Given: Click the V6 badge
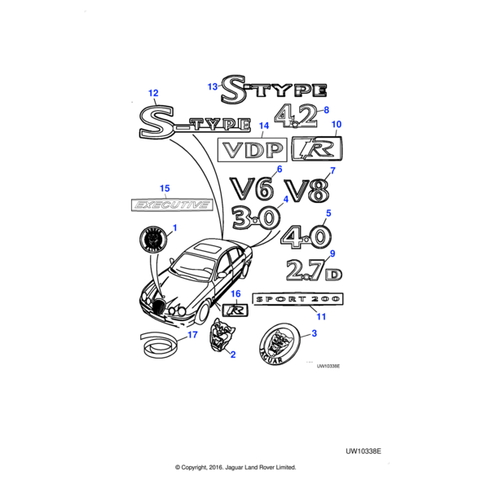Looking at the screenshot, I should click(250, 190).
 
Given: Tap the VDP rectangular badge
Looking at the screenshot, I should click(250, 150).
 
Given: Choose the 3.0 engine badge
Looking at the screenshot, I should click(254, 219).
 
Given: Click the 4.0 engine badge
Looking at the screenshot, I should click(305, 237).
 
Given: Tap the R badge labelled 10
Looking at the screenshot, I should click(317, 148).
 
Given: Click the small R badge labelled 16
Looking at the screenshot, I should click(235, 310).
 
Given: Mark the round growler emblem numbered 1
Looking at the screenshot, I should click(153, 242).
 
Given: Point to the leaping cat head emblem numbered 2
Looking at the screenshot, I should click(220, 336).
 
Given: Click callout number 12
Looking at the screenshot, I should click(152, 94).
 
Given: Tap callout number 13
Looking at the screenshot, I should click(212, 86).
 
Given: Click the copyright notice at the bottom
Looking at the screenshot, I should click(236, 468).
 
